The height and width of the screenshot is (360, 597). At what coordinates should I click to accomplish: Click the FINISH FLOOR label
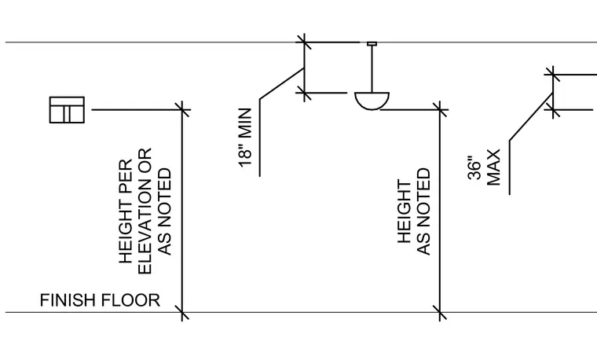coord(100,300)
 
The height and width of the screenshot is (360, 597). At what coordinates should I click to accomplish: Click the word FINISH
coord(68,300)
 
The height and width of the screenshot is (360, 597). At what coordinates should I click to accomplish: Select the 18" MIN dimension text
coord(246,138)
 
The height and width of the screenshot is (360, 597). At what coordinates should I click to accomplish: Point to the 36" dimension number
coord(474,167)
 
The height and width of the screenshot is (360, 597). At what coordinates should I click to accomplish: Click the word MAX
coord(493,167)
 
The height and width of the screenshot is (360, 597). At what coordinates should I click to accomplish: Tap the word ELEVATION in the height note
coord(145,211)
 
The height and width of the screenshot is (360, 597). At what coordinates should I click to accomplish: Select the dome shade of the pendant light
coord(372,101)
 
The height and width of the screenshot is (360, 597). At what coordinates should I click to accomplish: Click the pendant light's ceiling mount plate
coord(372,44)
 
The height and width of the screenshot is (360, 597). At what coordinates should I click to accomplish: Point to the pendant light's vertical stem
coord(372,69)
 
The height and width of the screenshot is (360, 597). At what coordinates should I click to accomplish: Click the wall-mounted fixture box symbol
coord(67,110)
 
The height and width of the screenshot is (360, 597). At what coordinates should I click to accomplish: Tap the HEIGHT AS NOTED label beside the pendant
coord(414,211)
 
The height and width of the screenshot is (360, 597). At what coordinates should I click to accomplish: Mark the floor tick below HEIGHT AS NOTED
coord(440,312)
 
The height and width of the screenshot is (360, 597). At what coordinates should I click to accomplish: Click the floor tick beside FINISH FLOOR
coord(182,312)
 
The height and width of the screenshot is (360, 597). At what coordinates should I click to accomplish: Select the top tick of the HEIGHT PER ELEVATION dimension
coord(182,110)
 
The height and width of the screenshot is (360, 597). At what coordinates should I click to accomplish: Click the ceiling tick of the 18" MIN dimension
coord(304,42)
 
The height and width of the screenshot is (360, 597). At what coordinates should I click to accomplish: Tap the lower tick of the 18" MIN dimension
coord(304,93)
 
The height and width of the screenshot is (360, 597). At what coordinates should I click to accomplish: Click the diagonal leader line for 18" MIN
coord(282,83)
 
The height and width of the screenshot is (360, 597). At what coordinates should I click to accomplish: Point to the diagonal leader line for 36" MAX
coord(531,116)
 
